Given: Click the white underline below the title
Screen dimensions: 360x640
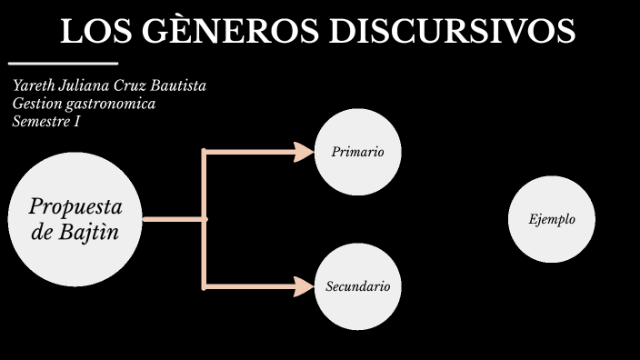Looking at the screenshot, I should [63, 64].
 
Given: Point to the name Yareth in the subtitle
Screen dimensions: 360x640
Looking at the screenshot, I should [34, 86].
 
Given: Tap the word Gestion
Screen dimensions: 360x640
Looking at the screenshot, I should [36, 104].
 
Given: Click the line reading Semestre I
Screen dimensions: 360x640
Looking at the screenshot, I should [46, 121].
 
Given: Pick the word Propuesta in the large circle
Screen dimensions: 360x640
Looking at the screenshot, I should [75, 205].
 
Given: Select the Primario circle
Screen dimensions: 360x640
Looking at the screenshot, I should [357, 153].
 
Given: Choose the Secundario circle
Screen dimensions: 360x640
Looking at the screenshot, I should [357, 286].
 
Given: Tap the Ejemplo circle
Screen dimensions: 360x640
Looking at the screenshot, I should [551, 219].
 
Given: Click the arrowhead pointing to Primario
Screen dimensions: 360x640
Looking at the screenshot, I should [304, 152].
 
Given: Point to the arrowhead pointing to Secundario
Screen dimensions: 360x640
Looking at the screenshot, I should [304, 287].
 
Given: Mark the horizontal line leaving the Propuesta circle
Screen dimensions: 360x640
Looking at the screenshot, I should [174, 219].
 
